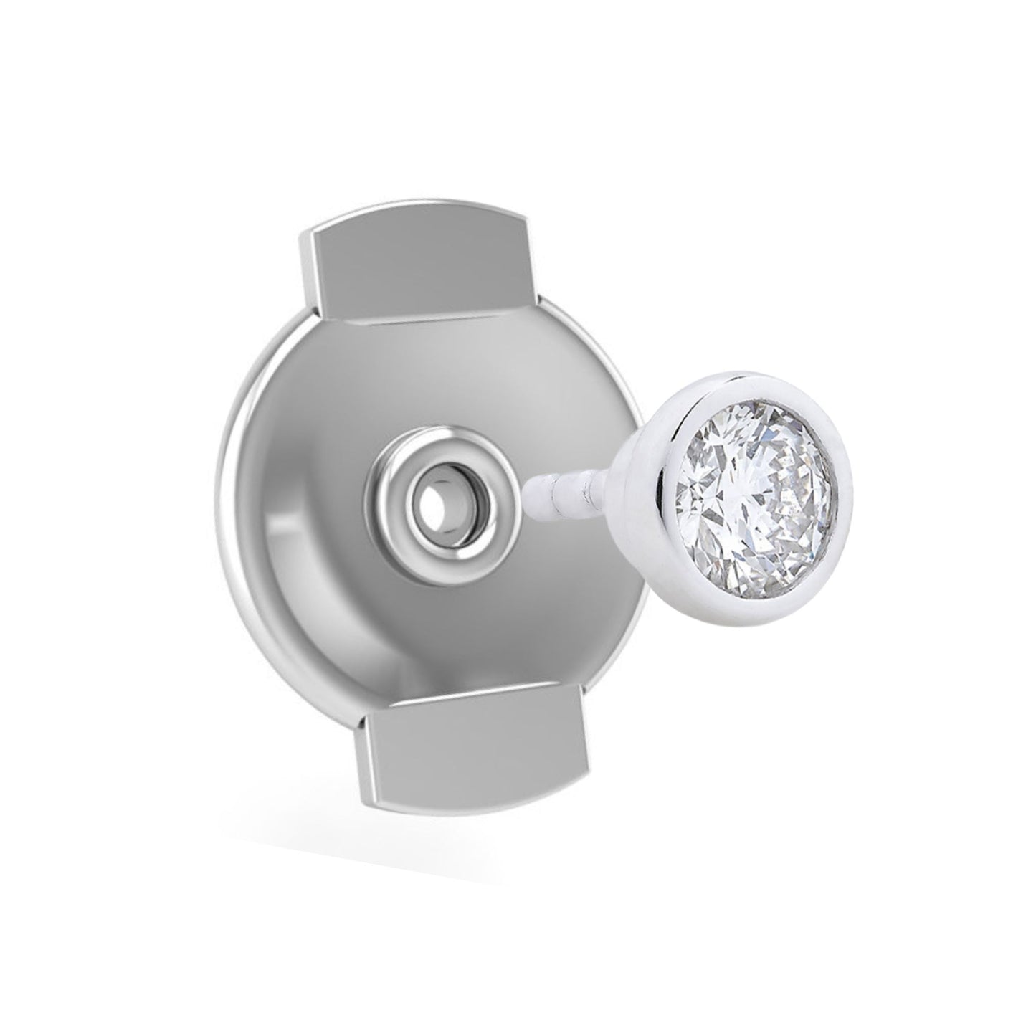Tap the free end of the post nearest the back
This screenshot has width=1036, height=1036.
tap(531, 495)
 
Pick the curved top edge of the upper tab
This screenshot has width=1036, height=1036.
tap(416, 218)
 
